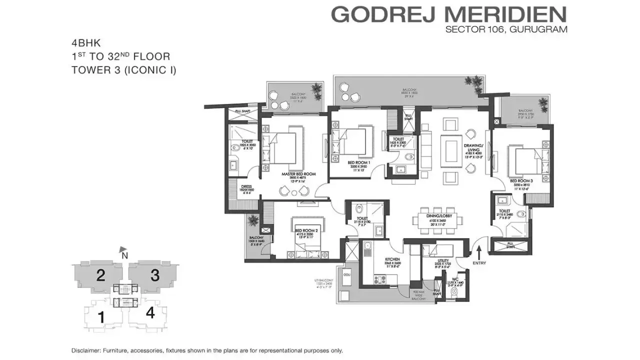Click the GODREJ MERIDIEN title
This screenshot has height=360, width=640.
[449, 14]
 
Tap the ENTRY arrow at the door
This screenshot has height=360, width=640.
[479, 249]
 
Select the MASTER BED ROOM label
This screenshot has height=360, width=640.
[298, 174]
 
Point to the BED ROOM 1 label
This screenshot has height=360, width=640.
[359, 162]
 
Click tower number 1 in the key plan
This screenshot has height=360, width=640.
[100, 316]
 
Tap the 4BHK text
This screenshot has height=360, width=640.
[83, 43]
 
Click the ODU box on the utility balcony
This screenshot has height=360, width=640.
[346, 275]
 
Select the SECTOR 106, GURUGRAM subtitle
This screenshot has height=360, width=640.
[506, 29]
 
